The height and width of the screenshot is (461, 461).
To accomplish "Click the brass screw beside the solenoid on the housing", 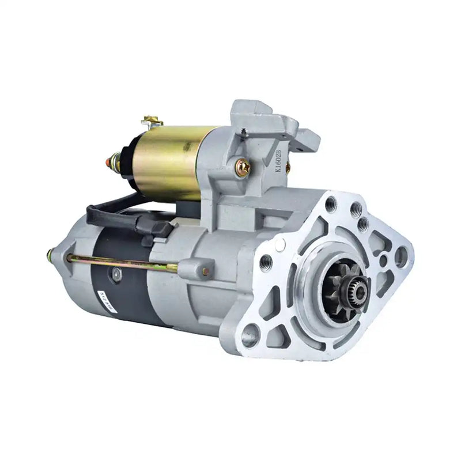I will click(243, 168).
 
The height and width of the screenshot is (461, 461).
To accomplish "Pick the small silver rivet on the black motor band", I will click(117, 275).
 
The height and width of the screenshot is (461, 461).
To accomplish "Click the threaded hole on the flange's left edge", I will click(266, 263).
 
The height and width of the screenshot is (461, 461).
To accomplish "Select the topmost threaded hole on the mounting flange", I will click(330, 203).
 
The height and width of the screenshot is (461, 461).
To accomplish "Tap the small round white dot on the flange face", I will click(281, 244).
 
